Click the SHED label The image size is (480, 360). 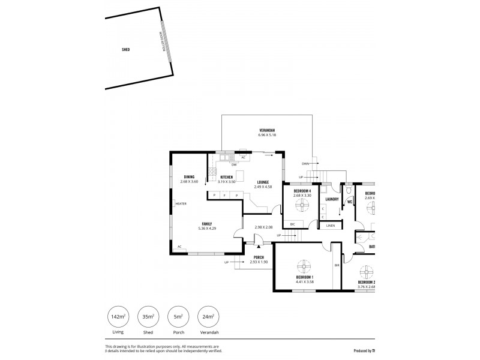coord(126,50)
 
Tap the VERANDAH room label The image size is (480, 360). coord(267,130)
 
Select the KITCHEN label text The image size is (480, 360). coord(227,177)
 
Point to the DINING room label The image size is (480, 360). coord(189,177)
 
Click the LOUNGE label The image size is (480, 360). coord(263,182)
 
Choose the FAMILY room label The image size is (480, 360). coord(206,223)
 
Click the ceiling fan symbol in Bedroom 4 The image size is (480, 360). coord(301,206)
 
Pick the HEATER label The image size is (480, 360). coord(181,203)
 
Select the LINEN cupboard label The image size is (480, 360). coord(331,226)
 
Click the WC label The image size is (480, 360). coord(349,202)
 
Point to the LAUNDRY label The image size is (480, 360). coord(332,199)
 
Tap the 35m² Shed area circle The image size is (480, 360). coord(148,317)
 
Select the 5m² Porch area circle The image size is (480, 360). coord(178,317)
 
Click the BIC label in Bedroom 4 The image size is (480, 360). coord(292,224)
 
